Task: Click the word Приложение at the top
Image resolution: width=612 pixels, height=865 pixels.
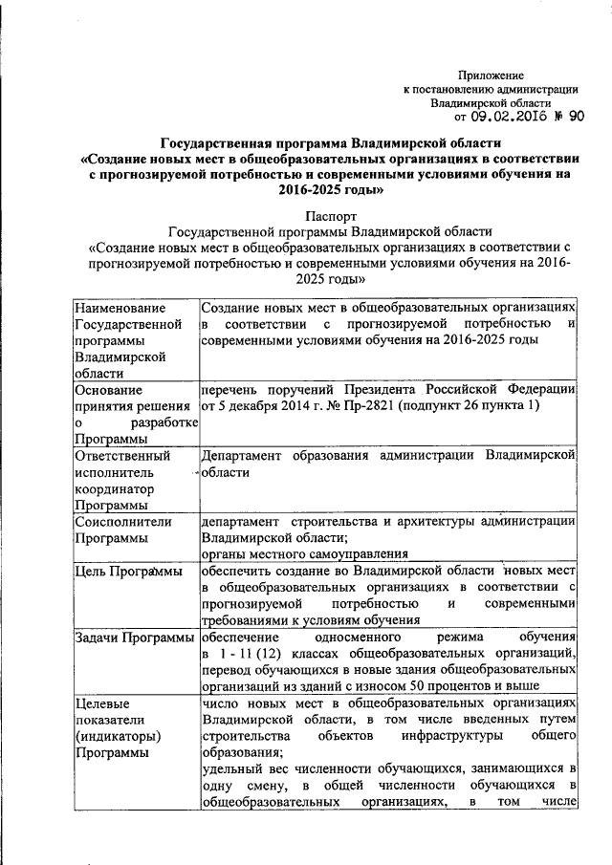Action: pyautogui.click(x=492, y=75)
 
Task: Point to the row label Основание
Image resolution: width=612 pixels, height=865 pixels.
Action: pyautogui.click(x=108, y=390)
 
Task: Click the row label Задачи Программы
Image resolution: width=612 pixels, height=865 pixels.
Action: pyautogui.click(x=134, y=638)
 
